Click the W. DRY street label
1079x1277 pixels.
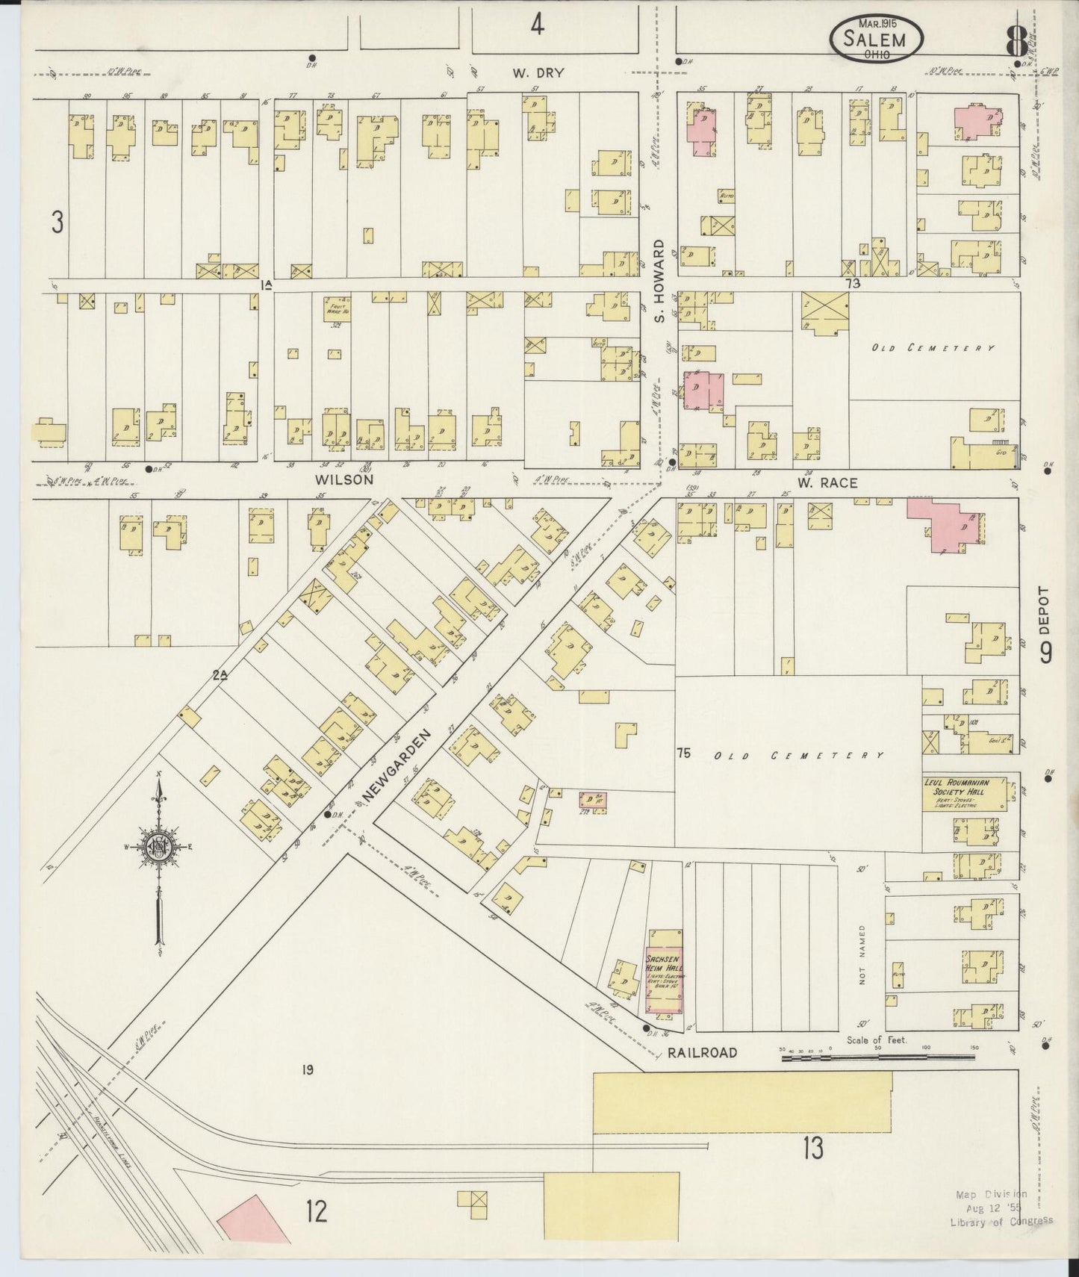[x=538, y=73]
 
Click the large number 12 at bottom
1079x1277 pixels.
[x=316, y=1211]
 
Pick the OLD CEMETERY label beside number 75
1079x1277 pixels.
[x=798, y=755]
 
